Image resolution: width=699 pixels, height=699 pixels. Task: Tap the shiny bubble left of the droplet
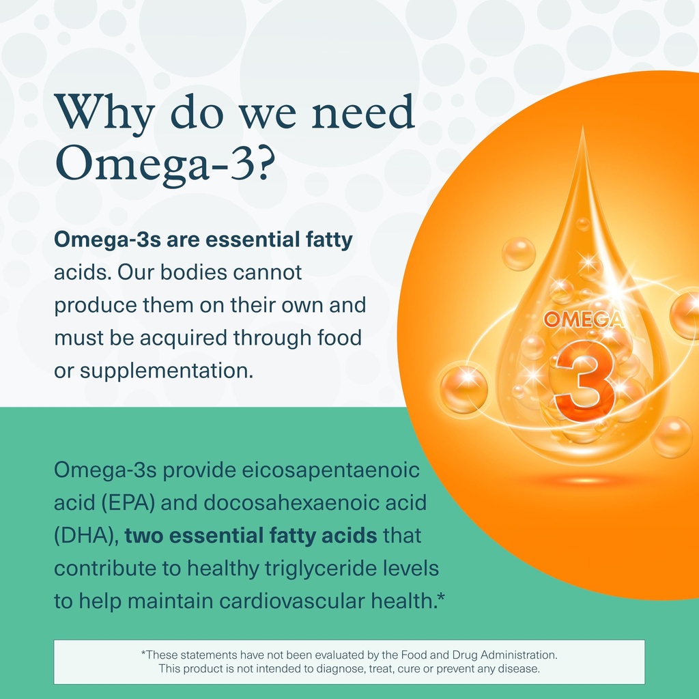click(463, 389)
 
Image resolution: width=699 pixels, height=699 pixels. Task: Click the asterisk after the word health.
click(441, 598)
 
